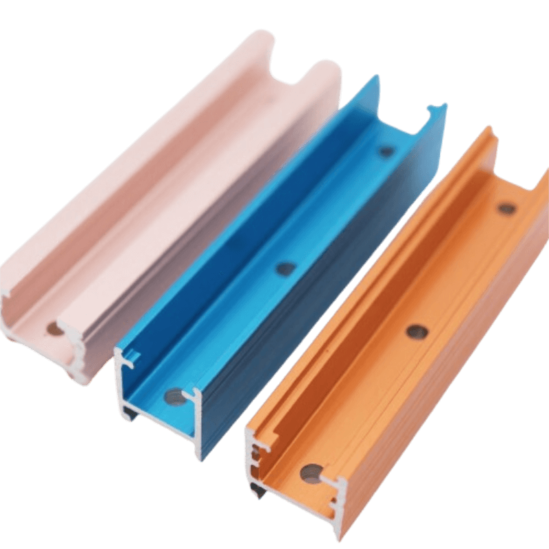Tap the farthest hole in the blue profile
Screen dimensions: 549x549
click(386, 150)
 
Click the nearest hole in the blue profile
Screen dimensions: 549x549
click(174, 396)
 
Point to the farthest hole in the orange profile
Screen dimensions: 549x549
click(506, 208)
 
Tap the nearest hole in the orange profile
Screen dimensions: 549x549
click(312, 473)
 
